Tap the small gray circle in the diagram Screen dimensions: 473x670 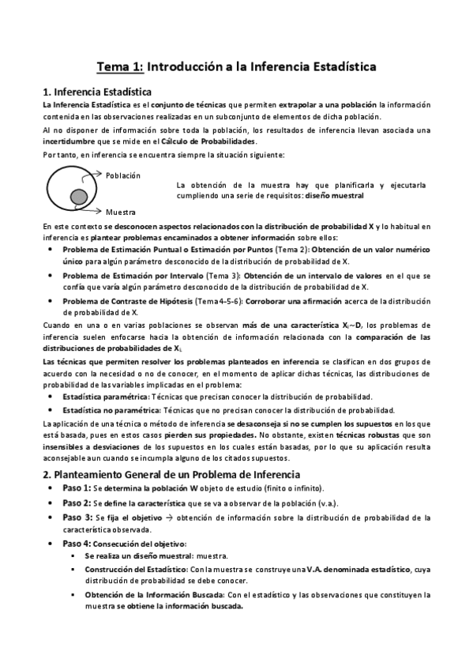78,196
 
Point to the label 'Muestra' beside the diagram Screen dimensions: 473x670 120,212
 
